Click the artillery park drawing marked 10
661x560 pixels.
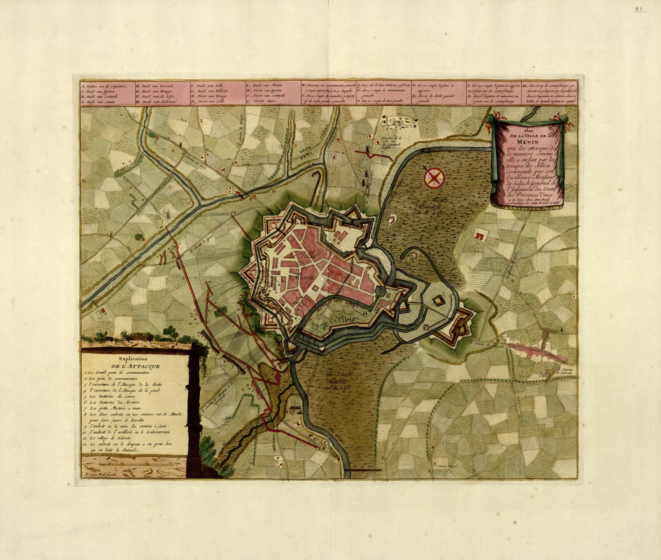tap(401, 121)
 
